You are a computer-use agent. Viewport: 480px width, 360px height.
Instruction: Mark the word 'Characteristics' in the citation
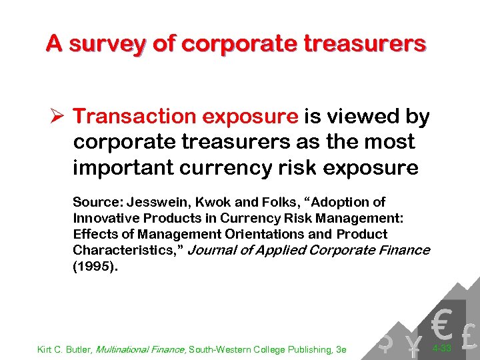[124, 251]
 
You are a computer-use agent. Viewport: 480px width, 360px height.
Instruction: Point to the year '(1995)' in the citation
[94, 267]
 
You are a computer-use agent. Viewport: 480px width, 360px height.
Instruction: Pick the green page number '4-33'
[443, 349]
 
